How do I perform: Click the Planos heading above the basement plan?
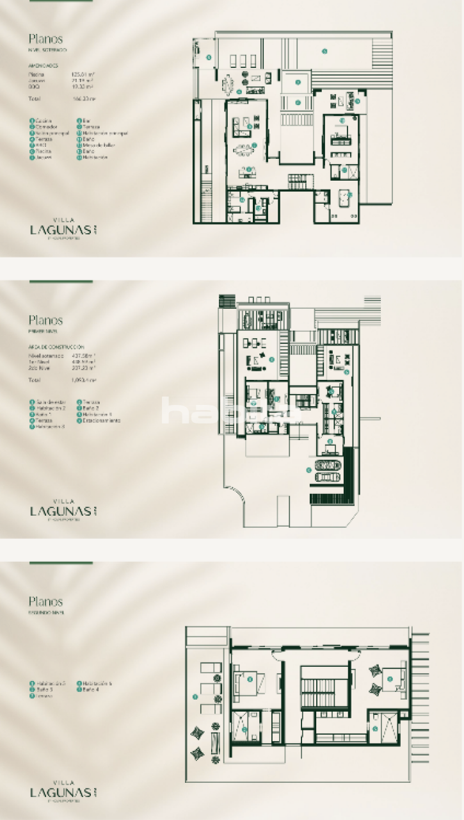tap(45, 39)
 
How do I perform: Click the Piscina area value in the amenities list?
tap(84, 74)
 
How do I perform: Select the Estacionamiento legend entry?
tap(100, 421)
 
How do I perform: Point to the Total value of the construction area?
tap(84, 380)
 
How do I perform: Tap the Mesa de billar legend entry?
tap(100, 145)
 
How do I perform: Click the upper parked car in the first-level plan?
tap(328, 466)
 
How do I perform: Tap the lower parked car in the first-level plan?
tap(328, 477)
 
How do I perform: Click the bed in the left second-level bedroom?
tap(245, 681)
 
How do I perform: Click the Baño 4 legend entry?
tap(89, 689)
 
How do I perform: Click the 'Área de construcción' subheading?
tap(56, 347)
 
